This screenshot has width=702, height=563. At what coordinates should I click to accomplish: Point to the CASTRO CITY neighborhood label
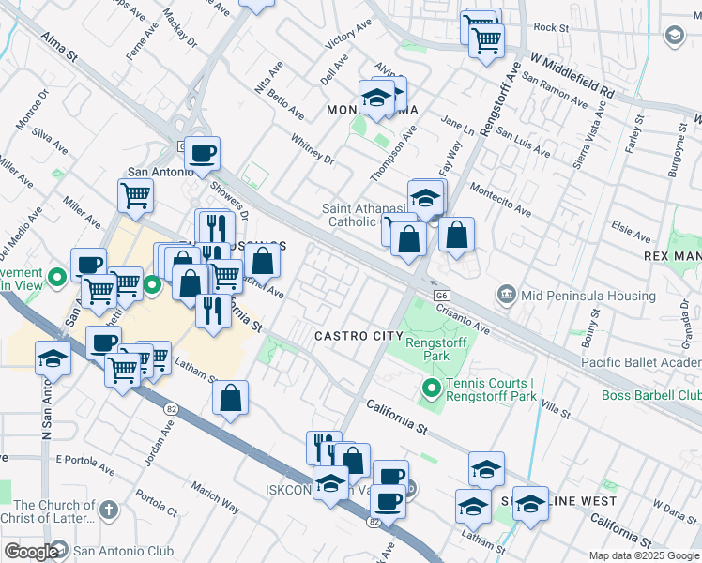click(x=352, y=336)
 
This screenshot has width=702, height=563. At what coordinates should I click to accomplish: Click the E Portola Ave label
click(x=90, y=460)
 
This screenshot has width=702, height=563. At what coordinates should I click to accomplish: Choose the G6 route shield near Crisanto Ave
click(x=440, y=295)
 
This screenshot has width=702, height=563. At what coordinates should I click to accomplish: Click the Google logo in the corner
click(x=30, y=552)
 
